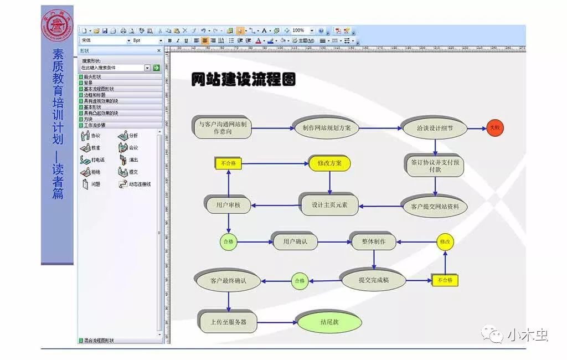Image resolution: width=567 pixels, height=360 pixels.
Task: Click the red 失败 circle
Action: tap(494, 128)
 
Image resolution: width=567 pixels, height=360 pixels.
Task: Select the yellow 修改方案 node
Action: tap(330, 163)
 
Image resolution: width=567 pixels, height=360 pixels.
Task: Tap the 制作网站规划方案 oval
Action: tap(326, 127)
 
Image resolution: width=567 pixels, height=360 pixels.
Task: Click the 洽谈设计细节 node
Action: tap(434, 128)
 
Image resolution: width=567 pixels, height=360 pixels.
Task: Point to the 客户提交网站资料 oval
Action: tap(434, 207)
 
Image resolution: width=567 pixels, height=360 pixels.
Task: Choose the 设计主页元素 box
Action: tap(329, 204)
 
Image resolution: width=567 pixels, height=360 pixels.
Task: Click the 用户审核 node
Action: tap(228, 205)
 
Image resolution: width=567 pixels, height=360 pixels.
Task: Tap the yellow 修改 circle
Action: tap(445, 241)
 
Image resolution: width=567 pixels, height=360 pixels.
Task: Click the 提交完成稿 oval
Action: tap(373, 280)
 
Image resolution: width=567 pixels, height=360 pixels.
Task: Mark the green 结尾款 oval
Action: tap(329, 321)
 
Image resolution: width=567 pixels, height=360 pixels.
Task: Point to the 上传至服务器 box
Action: tap(228, 321)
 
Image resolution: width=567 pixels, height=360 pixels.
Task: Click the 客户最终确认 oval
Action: tap(228, 280)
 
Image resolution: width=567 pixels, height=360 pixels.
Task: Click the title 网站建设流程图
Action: tap(243, 79)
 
